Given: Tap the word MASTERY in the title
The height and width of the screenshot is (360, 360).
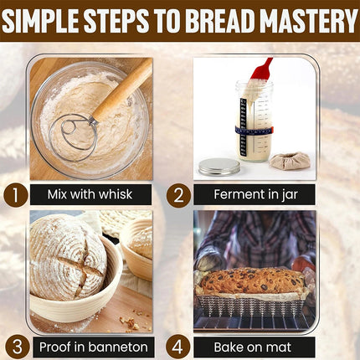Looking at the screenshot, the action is coord(310,21).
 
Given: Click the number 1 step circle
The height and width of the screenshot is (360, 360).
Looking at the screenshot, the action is coord(16,195).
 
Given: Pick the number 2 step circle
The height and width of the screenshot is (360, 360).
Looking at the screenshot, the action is coord(178,195).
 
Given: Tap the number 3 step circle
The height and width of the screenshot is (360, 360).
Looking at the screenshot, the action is coord(18,347).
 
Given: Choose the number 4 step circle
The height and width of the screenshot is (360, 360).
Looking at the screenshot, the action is coord(177,347).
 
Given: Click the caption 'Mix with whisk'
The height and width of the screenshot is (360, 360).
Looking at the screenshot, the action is coord(90,194).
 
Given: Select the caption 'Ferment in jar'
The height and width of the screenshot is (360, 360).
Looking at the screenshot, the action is coord(255,194).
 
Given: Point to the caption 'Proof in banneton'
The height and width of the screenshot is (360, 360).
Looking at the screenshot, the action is coord(94,347).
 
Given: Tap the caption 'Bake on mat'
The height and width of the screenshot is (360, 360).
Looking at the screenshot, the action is coord(253,347).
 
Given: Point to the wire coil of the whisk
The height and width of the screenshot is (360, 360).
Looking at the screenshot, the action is coord(74,138).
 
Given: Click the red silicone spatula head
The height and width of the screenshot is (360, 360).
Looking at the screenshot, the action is coord(261,69).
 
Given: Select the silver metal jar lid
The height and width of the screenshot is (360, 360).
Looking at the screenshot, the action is coord(219,167).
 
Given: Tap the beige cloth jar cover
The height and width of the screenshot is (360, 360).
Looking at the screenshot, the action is coord(290,161).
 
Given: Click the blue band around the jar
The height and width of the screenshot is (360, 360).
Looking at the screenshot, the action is coord(254,131).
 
